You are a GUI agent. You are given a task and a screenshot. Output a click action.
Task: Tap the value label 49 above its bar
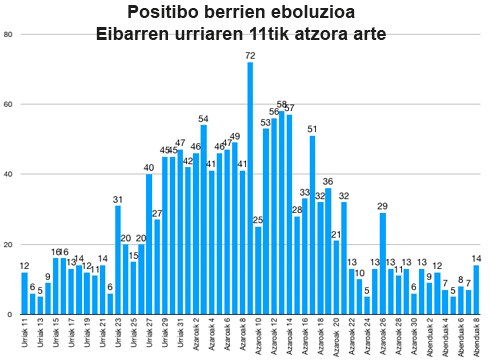235,137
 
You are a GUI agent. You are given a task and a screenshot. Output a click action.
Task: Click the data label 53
266,123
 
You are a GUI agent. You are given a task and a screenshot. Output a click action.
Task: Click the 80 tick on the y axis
8,35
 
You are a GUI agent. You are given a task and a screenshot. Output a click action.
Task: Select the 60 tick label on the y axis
8,105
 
